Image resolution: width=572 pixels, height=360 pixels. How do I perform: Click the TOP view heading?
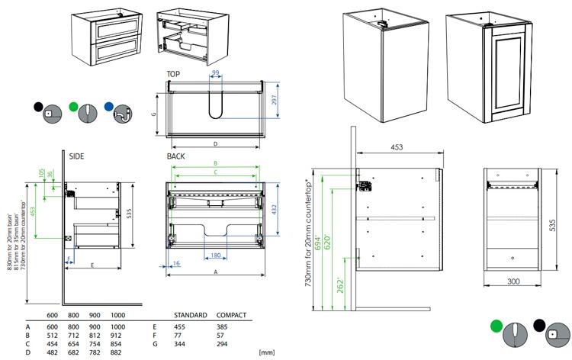coord(174,74)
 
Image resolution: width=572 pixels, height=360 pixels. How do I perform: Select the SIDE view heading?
coord(76,156)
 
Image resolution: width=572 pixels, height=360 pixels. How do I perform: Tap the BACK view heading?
coord(176,156)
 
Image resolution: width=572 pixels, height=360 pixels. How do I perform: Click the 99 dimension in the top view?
coord(216,72)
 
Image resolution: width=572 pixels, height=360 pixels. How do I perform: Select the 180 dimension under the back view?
coord(216,255)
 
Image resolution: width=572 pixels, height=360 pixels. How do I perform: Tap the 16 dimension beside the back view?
coord(176,263)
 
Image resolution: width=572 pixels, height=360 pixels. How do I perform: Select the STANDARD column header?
coord(191,315)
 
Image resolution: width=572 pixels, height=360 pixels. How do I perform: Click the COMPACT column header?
coord(231,315)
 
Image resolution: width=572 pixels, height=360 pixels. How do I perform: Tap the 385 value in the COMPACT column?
coord(227,325)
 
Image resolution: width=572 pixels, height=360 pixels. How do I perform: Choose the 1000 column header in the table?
coord(117,315)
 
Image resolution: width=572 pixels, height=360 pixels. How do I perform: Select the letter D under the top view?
coord(216,143)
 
